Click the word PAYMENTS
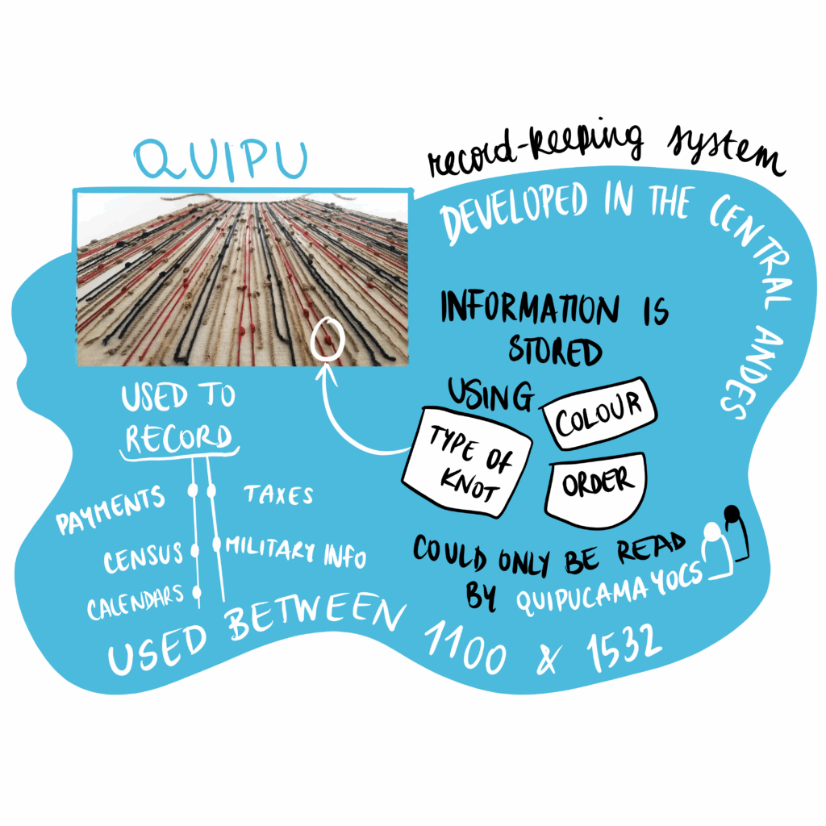click(x=111, y=509)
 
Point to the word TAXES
click(x=278, y=494)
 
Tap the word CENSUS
click(x=144, y=557)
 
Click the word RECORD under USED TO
click(x=177, y=437)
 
